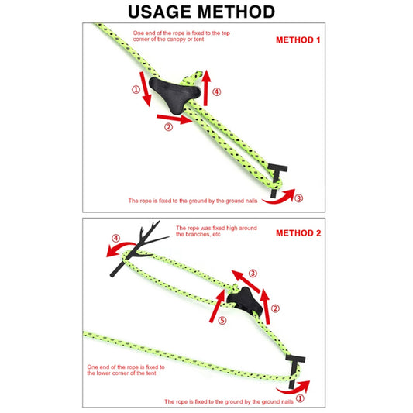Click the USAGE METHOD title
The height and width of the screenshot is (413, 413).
[201, 12]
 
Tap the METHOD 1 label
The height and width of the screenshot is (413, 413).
[298, 40]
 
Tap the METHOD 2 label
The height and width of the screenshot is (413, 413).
[298, 233]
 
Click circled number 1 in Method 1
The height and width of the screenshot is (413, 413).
[136, 90]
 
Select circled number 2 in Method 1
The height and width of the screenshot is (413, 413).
[169, 127]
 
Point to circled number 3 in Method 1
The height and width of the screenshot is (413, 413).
[298, 198]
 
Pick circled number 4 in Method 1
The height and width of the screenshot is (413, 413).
[216, 92]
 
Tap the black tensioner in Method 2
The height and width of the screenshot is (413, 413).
[244, 301]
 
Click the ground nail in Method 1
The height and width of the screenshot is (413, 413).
[277, 180]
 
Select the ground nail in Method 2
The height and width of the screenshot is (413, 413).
[294, 371]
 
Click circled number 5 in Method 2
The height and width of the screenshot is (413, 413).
[222, 320]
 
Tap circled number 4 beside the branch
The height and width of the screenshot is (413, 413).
[116, 239]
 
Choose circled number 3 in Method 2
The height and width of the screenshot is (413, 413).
[253, 274]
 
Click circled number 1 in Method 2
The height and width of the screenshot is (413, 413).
[300, 398]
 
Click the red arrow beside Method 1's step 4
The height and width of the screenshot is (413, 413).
[206, 88]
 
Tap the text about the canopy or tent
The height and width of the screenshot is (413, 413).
[181, 36]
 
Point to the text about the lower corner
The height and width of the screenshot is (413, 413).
[126, 370]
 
